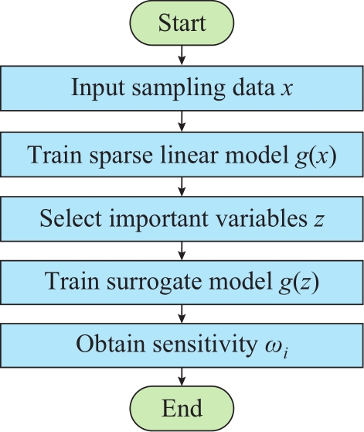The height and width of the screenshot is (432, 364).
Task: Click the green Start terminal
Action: tap(182, 23)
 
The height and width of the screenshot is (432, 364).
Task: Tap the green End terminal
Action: tap(182, 409)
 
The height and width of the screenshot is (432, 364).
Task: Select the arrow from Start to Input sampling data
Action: tap(182, 56)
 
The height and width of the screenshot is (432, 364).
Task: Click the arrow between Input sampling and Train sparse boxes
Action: tap(182, 122)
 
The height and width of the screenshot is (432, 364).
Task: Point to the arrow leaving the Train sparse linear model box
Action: tap(182, 187)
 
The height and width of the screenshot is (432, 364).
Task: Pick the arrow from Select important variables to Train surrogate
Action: tap(182, 251)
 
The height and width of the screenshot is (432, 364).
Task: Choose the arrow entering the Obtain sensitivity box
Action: tap(182, 314)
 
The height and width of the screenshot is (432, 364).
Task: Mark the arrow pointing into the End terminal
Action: tap(182, 376)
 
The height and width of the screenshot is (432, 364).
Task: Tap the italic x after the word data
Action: tap(286, 90)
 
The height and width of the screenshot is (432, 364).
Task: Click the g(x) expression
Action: tap(315, 156)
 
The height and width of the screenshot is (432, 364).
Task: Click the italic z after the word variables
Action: tap(318, 221)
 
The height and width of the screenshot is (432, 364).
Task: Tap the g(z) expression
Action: tap(298, 282)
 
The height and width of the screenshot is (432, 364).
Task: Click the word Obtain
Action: tap(111, 344)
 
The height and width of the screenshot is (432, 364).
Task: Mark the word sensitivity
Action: tap(204, 345)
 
